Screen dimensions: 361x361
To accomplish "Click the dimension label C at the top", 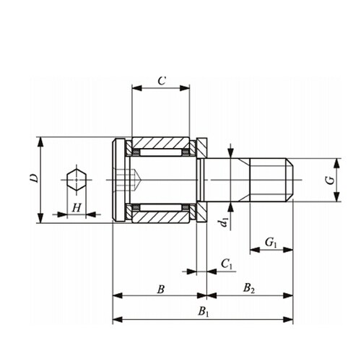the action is click(162, 81).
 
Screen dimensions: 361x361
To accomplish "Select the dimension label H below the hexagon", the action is click(77, 208).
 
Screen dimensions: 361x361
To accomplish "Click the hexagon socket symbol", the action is click(77, 180).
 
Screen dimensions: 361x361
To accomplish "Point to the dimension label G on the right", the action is click(331, 180).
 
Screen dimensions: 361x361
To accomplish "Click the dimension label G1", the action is click(271, 242).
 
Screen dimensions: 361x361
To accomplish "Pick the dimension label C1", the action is click(227, 264).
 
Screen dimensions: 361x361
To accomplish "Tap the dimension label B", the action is click(161, 290).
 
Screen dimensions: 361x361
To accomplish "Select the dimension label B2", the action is click(249, 288).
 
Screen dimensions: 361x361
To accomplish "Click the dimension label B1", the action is click(204, 312).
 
